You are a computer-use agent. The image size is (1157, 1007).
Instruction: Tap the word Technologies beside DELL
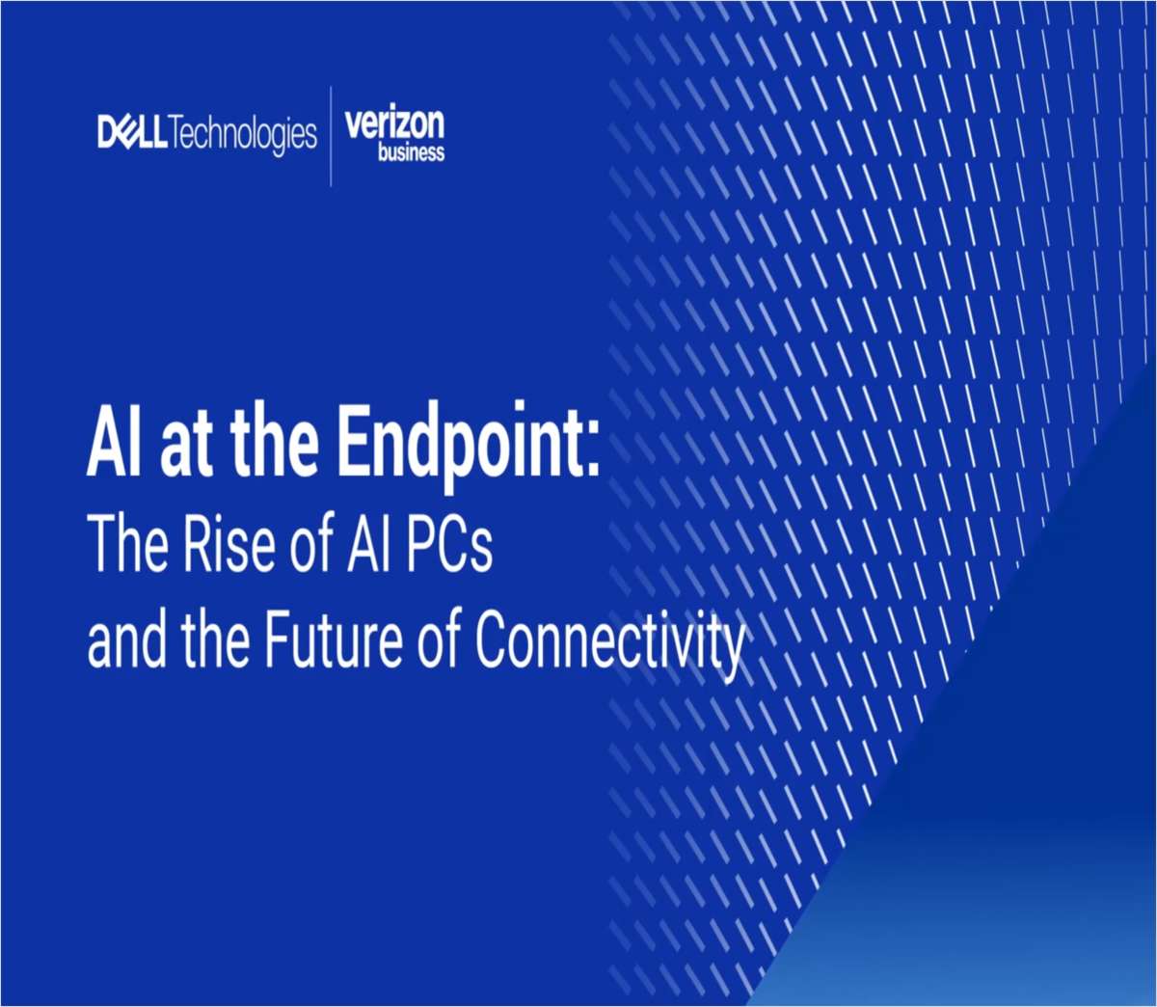(x=243, y=134)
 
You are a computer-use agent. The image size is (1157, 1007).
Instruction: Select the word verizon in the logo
(x=394, y=124)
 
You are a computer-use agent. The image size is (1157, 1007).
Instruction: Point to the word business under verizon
(x=411, y=152)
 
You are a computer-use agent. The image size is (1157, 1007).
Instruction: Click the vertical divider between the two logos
(x=332, y=135)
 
